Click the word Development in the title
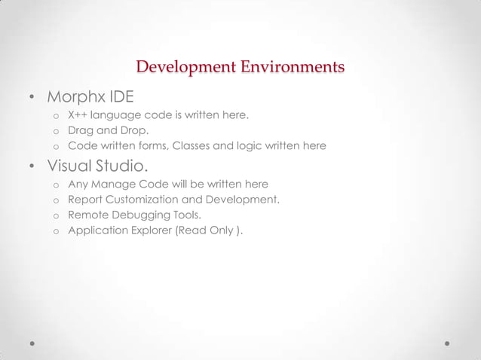tap(185, 68)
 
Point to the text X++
tap(77, 116)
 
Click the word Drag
tap(80, 131)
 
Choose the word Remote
tap(87, 215)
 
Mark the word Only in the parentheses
tap(219, 230)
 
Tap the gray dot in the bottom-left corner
tap(33, 342)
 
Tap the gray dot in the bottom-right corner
tap(447, 342)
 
